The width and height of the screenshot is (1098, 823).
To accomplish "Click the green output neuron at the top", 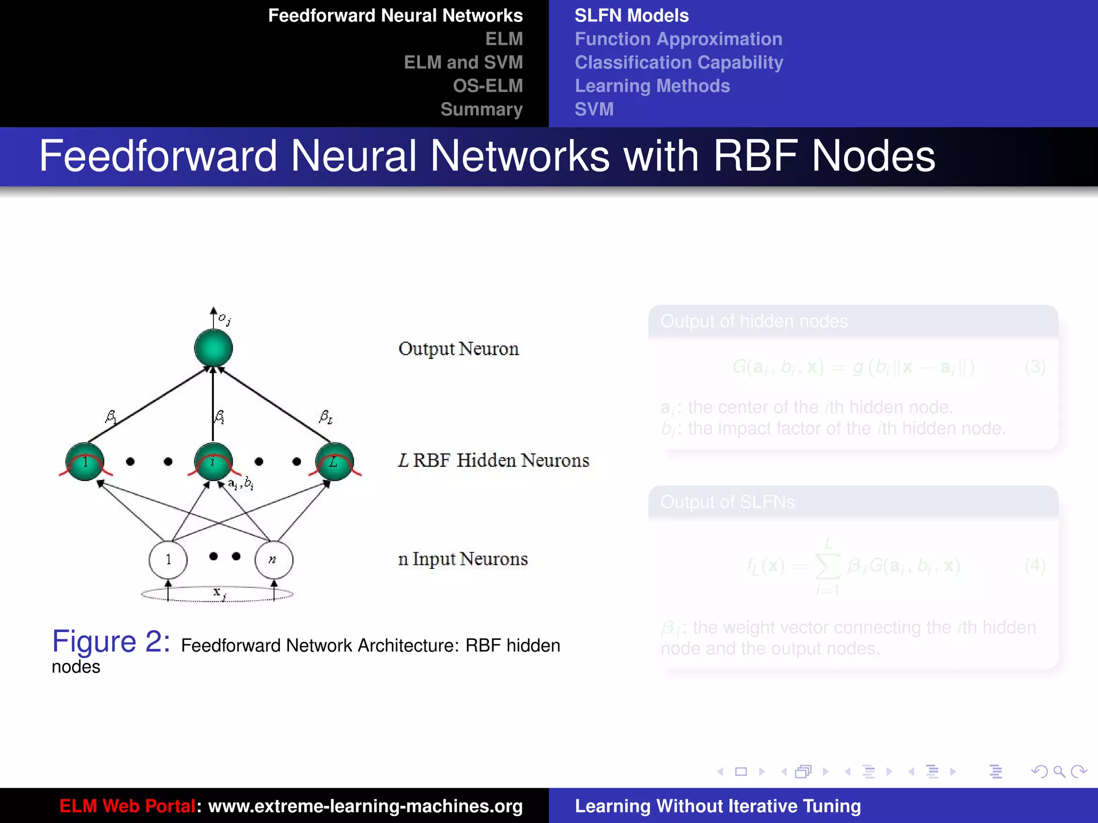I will click(213, 348).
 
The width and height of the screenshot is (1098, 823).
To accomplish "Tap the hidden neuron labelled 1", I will click(85, 461).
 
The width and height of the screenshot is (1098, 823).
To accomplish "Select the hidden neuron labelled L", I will click(335, 461).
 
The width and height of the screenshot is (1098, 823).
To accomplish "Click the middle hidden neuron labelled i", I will click(213, 461).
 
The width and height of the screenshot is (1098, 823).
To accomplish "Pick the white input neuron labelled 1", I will click(168, 559).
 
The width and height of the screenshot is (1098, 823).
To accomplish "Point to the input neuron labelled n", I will click(273, 559).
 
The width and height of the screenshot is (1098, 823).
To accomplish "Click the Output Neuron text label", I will click(458, 349).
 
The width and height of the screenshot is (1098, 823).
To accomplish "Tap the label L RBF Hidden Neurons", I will click(493, 460).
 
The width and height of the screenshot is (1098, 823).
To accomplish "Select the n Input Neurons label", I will click(463, 559).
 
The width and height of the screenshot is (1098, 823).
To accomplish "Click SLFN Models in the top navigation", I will click(632, 16).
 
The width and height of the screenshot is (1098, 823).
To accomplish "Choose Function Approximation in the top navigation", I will click(678, 39).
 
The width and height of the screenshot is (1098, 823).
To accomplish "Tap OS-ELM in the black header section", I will click(487, 86).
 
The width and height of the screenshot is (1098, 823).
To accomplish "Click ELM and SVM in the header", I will click(463, 62).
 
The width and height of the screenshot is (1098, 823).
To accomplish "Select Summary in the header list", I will click(481, 109).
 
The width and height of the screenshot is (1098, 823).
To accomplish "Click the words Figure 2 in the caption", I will click(111, 641).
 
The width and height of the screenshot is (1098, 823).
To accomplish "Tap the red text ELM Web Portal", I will click(127, 806).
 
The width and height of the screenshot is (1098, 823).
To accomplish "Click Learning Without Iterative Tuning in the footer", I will click(717, 806).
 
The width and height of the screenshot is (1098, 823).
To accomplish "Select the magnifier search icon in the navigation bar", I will click(1058, 772).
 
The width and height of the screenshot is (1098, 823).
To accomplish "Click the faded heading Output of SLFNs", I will click(727, 502).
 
